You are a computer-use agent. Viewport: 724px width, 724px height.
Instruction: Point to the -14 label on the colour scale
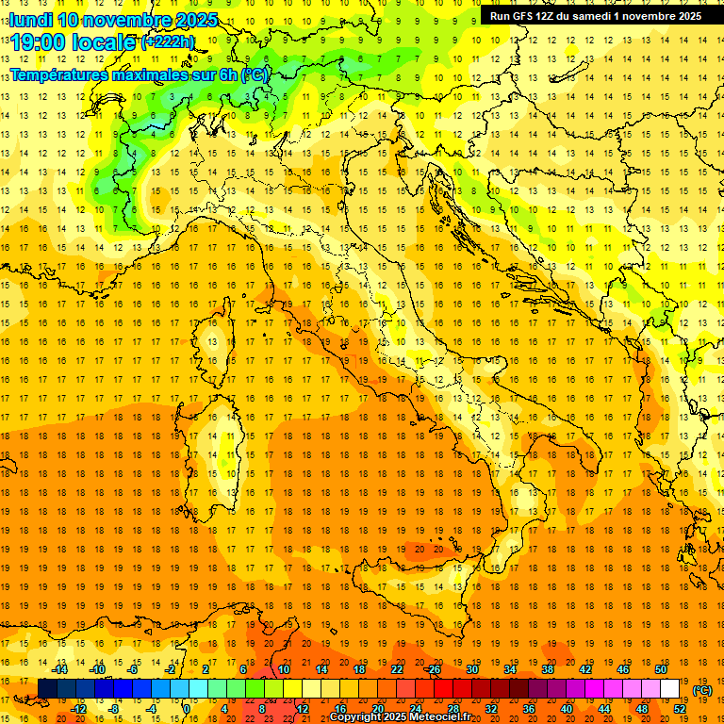tap(59, 669)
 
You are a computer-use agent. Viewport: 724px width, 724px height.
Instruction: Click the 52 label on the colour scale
tap(680, 709)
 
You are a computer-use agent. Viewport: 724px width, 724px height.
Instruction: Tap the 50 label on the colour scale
tap(661, 669)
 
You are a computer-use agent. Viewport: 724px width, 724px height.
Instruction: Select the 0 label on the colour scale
tap(188, 709)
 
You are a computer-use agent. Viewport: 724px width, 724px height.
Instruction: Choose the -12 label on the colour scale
tap(78, 709)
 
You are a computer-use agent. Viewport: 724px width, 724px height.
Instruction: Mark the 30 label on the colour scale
tap(472, 669)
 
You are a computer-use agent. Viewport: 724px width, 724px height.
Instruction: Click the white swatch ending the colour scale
tap(669, 689)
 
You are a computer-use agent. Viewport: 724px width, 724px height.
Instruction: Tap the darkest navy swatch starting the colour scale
tap(47, 689)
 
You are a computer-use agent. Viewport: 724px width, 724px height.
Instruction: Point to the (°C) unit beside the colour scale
tap(702, 690)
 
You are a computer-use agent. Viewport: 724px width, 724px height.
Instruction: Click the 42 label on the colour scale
tap(585, 669)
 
